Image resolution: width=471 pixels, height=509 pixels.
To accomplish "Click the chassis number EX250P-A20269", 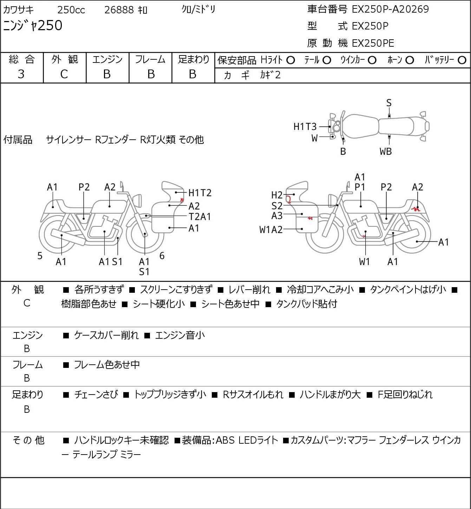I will tap(390, 9).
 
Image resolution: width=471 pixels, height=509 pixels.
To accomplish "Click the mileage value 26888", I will tap(119, 10).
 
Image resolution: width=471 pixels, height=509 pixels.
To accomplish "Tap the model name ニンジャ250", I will tap(33, 26).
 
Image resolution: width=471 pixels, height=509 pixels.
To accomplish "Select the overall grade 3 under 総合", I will tap(21, 74).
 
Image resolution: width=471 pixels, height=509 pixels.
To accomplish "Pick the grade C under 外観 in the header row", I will tap(64, 74).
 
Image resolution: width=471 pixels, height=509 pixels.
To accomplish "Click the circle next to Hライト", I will tap(290, 60).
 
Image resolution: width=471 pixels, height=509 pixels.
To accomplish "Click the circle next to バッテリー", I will tap(462, 60).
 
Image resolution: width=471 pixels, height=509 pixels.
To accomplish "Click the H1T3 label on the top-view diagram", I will tap(305, 126).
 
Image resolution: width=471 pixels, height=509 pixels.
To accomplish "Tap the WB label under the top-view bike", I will tap(385, 152).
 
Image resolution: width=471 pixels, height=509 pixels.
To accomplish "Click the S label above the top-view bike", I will tap(389, 103).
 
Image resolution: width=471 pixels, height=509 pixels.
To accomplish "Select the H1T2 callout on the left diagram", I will tap(200, 193).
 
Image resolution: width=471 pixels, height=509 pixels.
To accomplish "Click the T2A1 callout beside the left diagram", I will tap(199, 217).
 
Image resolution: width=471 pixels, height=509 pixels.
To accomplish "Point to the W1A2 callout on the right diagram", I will tap(271, 230).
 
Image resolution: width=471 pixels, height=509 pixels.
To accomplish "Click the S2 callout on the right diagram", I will tap(277, 205).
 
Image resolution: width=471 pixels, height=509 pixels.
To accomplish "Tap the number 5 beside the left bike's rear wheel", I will tap(40, 256).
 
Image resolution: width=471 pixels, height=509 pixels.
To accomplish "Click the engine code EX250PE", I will tap(373, 43).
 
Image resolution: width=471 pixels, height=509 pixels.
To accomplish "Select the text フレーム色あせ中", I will tap(107, 365).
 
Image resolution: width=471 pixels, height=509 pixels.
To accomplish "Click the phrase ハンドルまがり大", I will tap(330, 395).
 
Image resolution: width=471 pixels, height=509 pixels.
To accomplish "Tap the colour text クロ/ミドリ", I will tap(198, 9).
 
